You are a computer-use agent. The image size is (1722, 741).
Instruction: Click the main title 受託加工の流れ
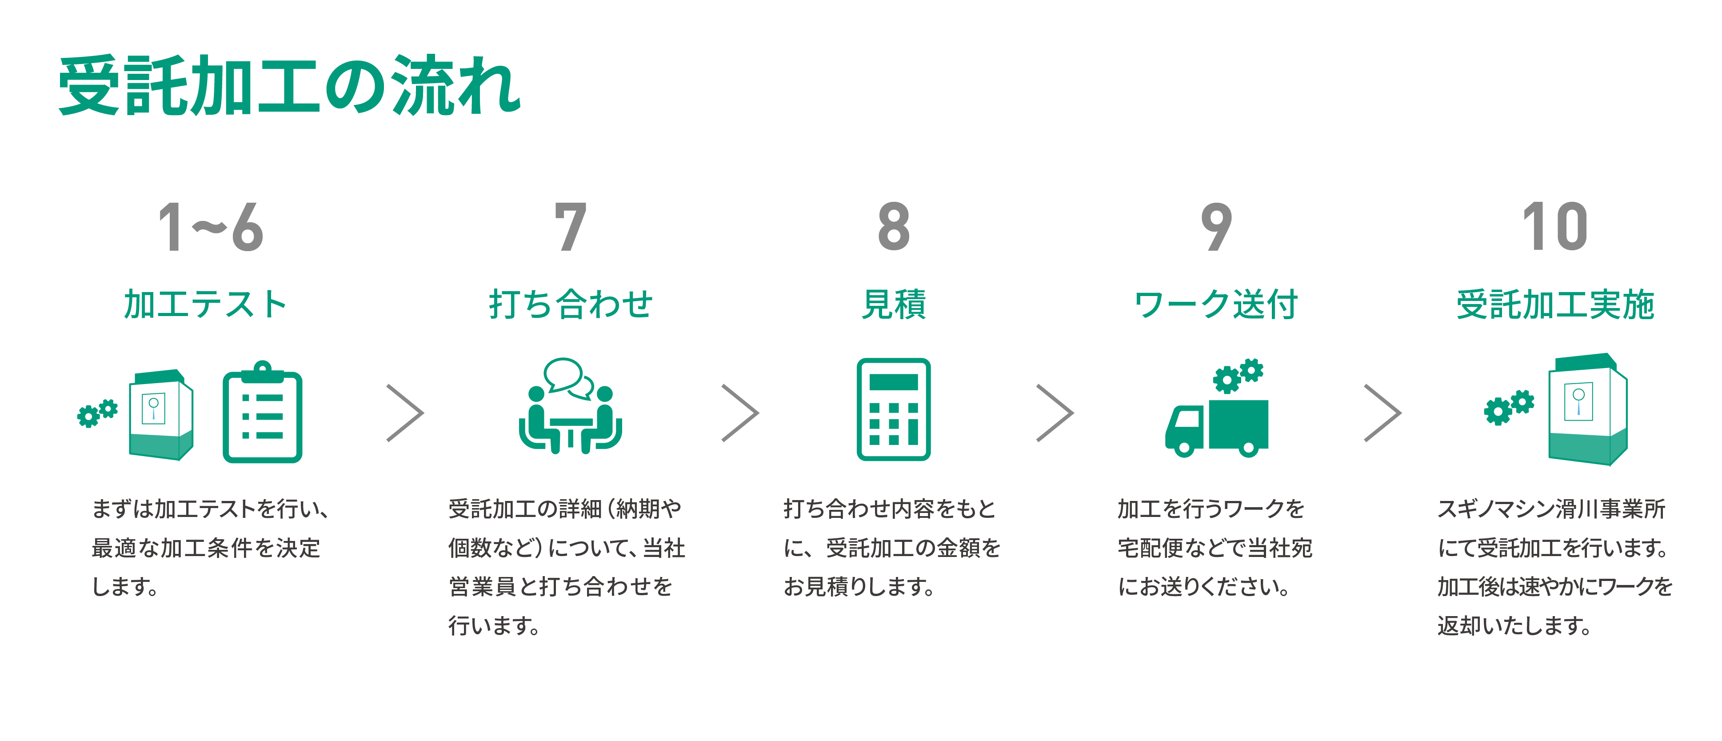tap(289, 86)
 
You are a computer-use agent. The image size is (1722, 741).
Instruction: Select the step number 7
tap(570, 228)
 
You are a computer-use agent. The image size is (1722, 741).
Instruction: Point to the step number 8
tap(894, 228)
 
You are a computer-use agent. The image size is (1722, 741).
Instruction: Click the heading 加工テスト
tap(205, 304)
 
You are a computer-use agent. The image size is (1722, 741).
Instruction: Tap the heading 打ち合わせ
tap(570, 304)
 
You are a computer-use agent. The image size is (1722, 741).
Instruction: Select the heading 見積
tap(894, 304)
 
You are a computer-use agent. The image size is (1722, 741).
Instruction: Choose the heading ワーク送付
tap(1216, 304)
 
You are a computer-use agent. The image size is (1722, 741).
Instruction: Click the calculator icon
tap(894, 409)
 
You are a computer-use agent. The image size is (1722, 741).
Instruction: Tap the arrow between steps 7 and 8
tap(741, 413)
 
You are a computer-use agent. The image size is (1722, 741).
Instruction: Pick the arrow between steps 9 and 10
tap(1382, 413)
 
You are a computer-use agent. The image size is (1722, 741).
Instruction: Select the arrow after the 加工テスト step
tap(405, 413)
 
